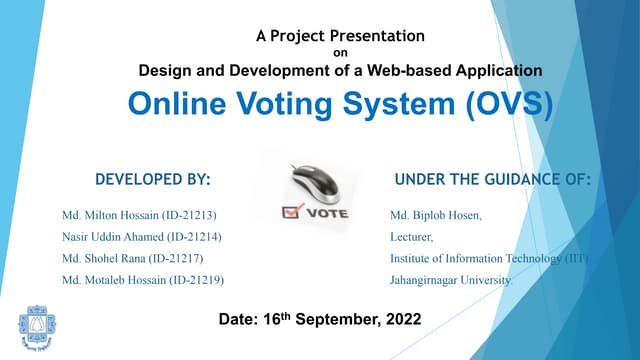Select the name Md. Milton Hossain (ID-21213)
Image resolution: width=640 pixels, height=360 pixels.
click(140, 215)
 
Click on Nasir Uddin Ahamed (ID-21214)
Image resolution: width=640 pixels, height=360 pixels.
click(142, 237)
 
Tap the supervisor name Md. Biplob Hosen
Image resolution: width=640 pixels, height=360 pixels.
click(436, 215)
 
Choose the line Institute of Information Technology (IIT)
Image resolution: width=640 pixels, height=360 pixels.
click(490, 259)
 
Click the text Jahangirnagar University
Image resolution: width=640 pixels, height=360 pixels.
click(450, 281)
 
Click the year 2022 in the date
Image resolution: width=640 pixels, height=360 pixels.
click(403, 320)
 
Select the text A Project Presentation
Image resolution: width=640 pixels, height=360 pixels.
click(340, 36)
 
